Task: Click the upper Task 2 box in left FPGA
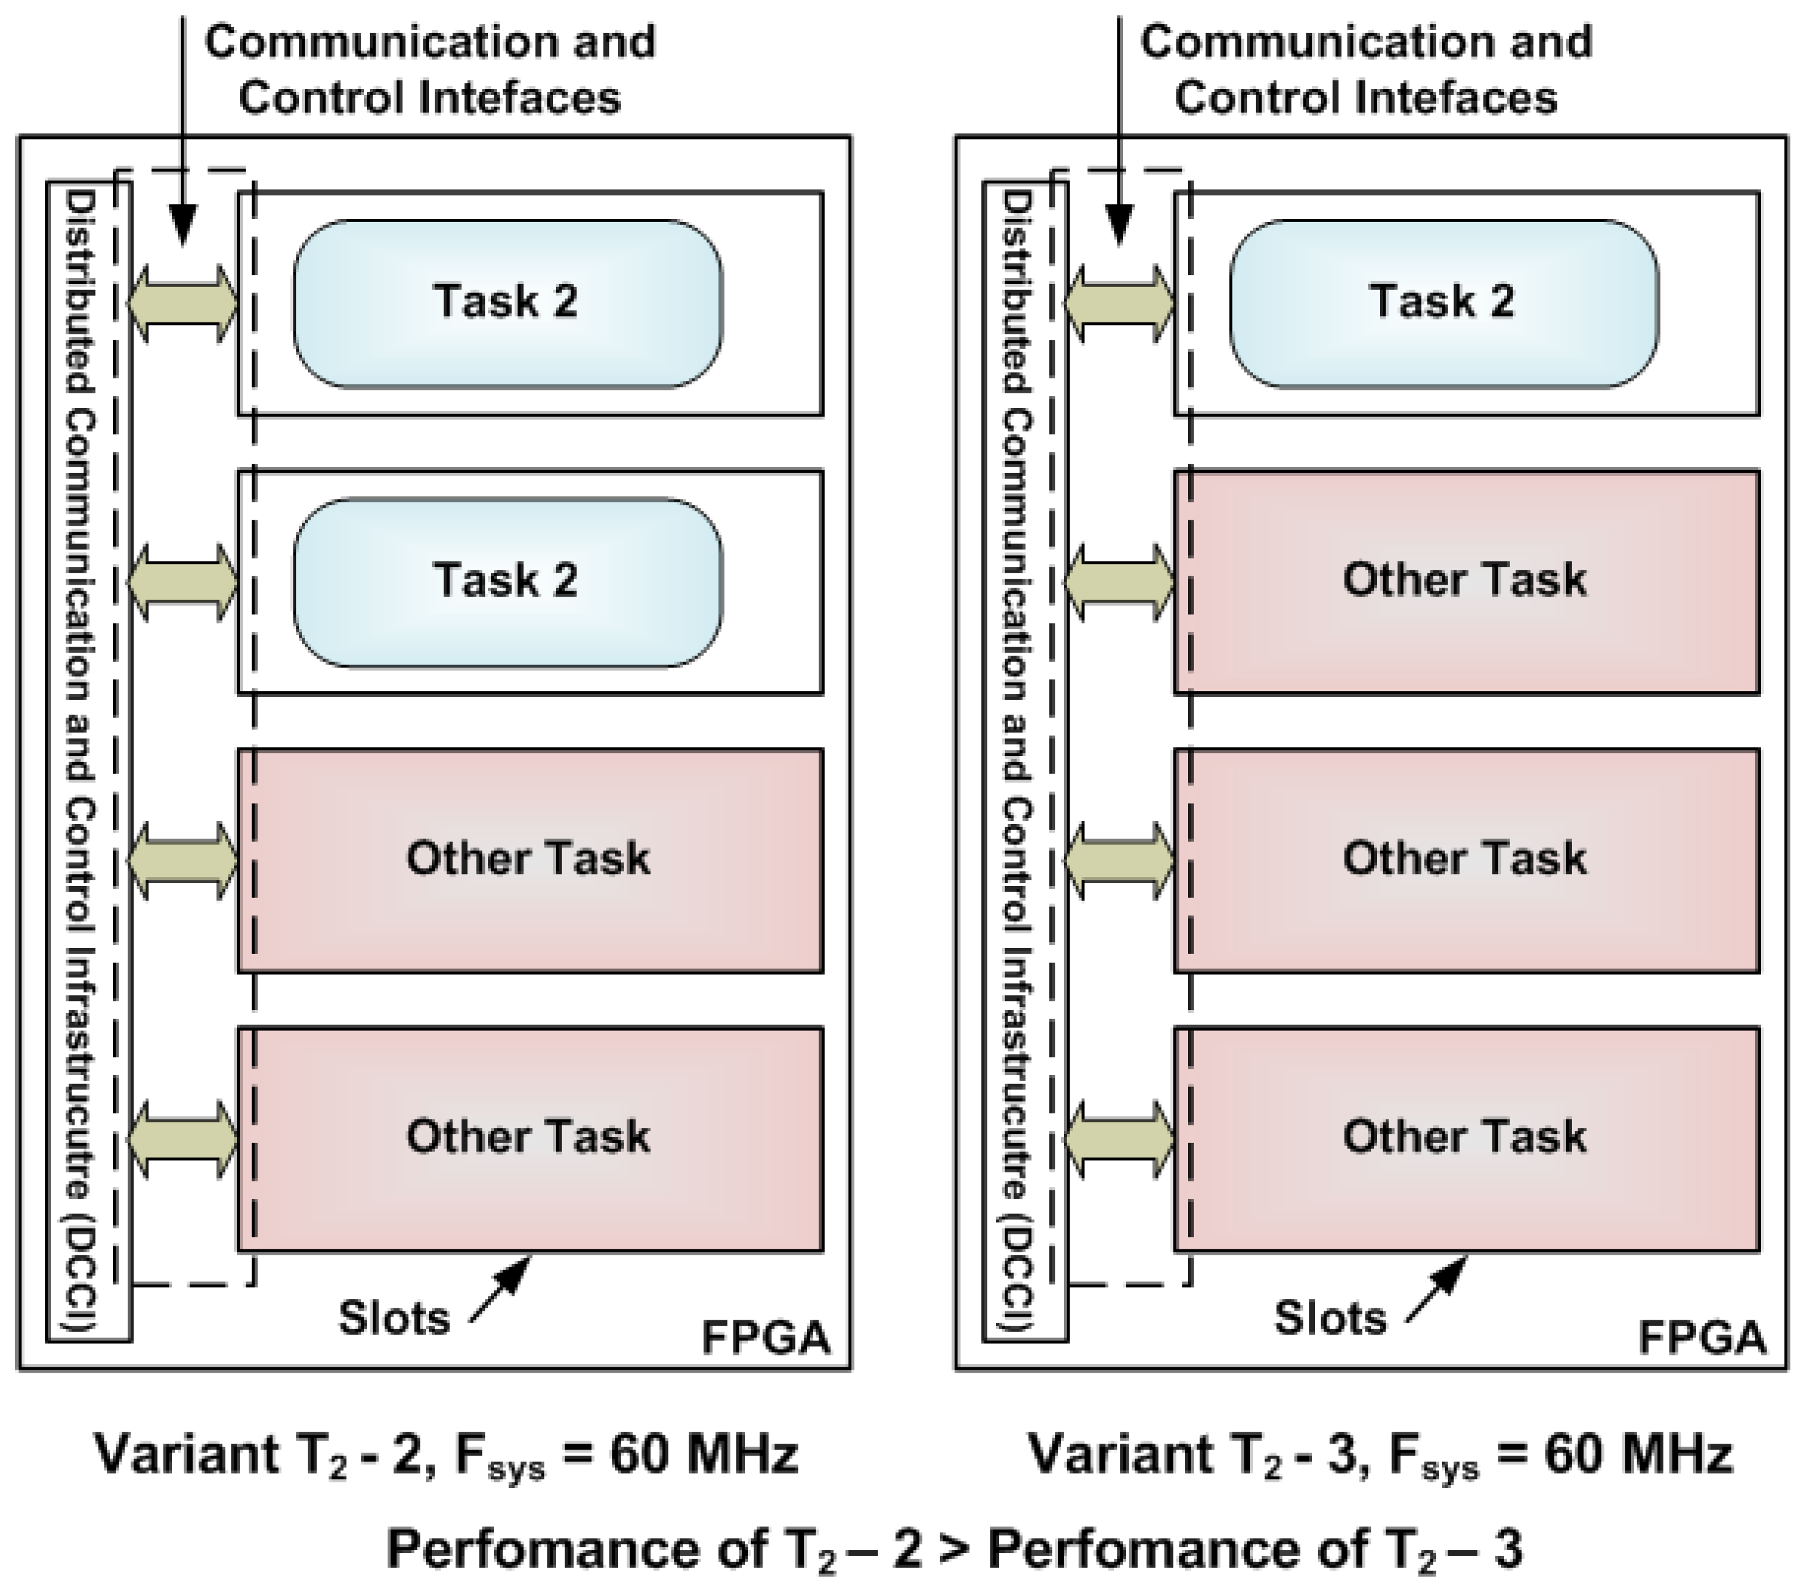coord(507,303)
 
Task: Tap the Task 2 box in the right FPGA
coord(1444,303)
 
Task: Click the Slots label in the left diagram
coord(394,1319)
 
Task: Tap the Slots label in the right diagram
coord(1330,1319)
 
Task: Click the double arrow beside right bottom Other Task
coord(1119,1139)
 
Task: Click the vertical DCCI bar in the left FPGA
coord(88,760)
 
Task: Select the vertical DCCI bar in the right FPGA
coord(1025,760)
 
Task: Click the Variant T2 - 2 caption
coord(446,1454)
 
